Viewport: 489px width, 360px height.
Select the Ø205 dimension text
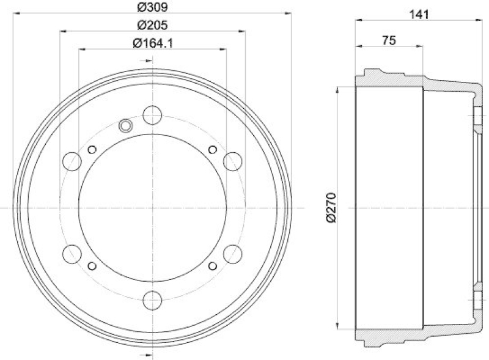[x=152, y=25]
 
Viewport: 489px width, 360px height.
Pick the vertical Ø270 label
[x=331, y=208]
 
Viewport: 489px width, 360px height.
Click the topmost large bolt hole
[x=152, y=114]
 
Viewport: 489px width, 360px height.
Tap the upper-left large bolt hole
[x=72, y=161]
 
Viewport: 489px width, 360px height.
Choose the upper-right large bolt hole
[x=232, y=161]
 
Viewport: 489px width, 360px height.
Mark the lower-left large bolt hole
[x=72, y=252]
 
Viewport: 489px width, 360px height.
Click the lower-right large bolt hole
[x=232, y=252]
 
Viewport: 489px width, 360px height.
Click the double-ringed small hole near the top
[x=125, y=126]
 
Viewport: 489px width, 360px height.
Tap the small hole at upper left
[x=92, y=150]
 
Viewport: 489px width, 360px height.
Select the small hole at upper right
[x=212, y=150]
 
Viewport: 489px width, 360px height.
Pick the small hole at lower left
[x=92, y=265]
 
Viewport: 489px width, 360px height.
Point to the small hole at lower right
[x=212, y=265]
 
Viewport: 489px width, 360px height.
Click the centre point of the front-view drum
[x=152, y=208]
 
